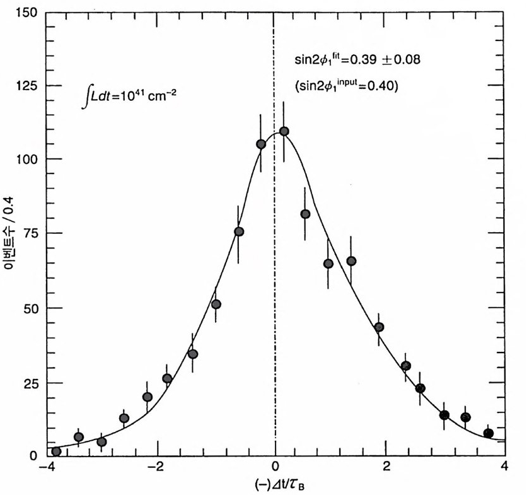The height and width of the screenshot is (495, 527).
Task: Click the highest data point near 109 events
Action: pos(284,131)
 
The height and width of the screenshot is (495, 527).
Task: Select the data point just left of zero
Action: pos(261,144)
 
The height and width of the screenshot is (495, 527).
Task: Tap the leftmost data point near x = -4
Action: pos(56,451)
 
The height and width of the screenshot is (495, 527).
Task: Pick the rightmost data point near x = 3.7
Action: pos(488,433)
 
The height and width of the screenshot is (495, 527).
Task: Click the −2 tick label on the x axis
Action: pos(158,468)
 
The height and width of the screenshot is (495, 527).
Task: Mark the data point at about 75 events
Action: pos(239,232)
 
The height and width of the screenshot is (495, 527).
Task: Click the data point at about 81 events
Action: pos(305,214)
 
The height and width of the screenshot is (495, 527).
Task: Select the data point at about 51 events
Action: pos(216,305)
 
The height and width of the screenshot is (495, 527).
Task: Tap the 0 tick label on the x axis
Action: pos(275,468)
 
